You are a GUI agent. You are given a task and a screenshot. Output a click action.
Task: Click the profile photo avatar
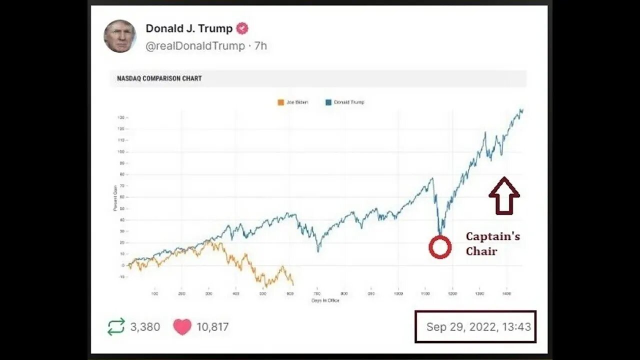pos(120,36)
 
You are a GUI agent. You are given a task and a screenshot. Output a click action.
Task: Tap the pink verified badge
pos(242,28)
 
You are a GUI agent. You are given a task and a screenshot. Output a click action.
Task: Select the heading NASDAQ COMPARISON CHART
pos(159,78)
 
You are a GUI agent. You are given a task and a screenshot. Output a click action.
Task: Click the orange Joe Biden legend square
pos(280,102)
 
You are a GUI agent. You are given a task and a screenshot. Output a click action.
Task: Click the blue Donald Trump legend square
pos(328,102)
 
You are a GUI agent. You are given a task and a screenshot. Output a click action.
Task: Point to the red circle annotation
pos(440,247)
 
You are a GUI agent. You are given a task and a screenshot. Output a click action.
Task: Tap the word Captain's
pos(492,236)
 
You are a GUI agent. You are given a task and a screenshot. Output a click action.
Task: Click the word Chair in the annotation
pos(481,251)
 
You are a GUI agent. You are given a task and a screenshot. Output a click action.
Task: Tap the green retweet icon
pos(116,327)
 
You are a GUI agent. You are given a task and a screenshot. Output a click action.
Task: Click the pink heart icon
pos(182,327)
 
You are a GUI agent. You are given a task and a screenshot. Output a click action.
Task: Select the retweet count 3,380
pos(145,327)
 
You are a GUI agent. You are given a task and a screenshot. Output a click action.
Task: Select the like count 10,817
pos(212,327)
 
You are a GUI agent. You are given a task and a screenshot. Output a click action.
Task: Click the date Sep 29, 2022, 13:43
pos(478,327)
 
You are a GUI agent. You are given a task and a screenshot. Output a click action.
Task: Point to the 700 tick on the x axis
pos(317,293)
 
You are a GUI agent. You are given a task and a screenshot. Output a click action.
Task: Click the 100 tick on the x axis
pos(154,293)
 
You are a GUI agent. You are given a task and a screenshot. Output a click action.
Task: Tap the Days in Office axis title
pos(325,300)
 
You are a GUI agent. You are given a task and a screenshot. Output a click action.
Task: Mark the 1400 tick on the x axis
pos(506,293)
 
